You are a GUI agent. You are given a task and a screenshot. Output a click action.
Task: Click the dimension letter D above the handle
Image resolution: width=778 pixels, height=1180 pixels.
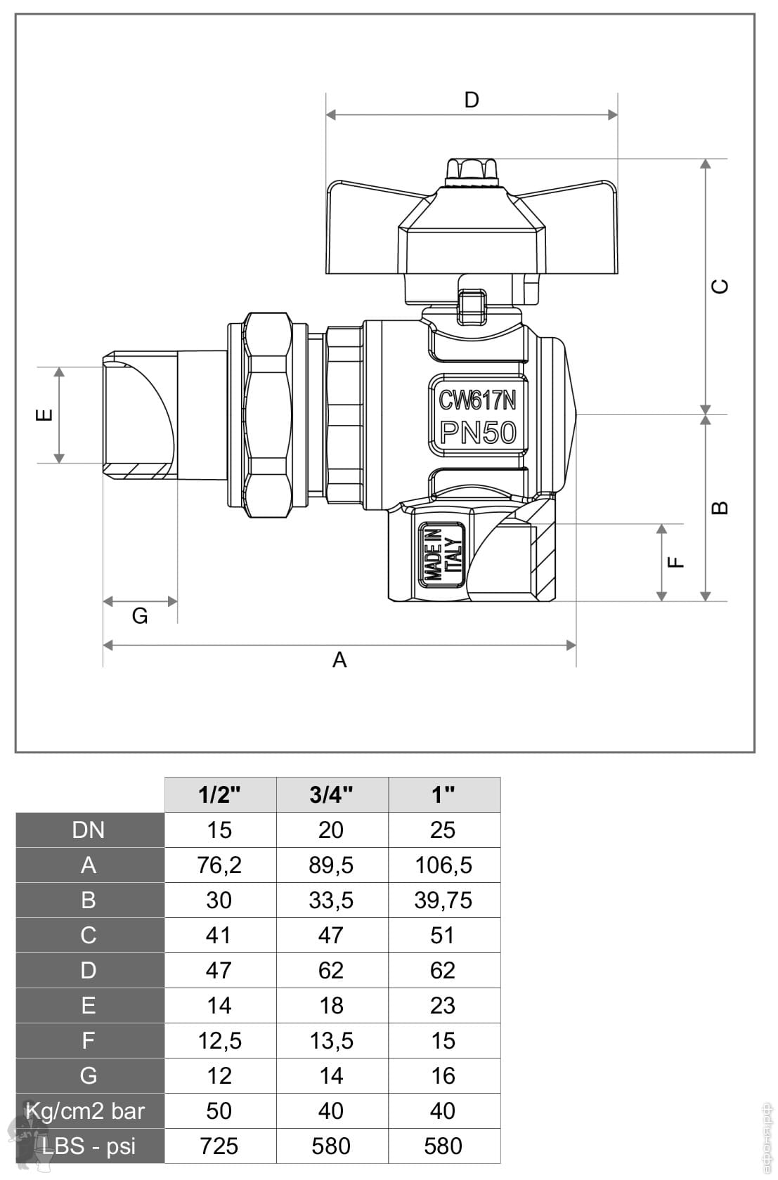(x=472, y=100)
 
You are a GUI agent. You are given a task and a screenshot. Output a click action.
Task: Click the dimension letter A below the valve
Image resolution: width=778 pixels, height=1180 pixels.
(x=340, y=660)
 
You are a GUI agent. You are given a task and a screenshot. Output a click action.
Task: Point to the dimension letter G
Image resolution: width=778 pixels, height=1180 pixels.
(x=140, y=616)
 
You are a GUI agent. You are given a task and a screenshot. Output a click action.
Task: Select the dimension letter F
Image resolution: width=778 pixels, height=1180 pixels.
(x=676, y=562)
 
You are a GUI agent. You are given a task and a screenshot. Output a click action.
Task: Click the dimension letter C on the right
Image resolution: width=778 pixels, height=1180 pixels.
(x=720, y=286)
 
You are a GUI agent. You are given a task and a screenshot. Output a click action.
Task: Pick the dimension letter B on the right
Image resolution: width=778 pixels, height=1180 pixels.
(x=720, y=508)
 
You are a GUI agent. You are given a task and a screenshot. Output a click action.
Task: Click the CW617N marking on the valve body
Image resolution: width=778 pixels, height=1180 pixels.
(x=478, y=401)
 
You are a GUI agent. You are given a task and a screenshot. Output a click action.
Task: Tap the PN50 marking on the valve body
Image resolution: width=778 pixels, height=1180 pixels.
(x=478, y=433)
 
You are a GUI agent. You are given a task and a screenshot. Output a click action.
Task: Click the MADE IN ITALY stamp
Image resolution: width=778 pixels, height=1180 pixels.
(x=441, y=555)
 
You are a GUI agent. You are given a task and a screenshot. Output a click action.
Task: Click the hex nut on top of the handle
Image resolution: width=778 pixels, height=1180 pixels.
(x=471, y=169)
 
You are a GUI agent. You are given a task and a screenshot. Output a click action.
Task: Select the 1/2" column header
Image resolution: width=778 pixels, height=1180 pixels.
(x=220, y=794)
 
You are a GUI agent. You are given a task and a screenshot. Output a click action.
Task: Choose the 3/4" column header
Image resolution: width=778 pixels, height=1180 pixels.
(x=332, y=794)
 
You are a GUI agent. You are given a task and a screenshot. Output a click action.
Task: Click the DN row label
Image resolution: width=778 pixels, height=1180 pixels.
(x=89, y=830)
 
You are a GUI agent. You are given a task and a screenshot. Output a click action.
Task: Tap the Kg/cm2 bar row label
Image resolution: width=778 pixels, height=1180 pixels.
(x=85, y=1111)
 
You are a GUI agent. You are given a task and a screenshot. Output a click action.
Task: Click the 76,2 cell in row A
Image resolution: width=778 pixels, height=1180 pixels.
(x=220, y=865)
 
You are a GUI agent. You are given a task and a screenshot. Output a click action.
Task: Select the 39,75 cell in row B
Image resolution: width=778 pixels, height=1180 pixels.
(x=443, y=900)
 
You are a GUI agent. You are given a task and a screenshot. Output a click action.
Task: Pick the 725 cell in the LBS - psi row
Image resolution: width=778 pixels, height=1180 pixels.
(x=219, y=1146)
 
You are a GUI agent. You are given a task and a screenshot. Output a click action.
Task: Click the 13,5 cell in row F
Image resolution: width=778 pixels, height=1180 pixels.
(x=332, y=1041)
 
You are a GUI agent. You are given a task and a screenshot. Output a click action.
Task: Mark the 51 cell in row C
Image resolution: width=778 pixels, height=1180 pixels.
(x=443, y=936)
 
